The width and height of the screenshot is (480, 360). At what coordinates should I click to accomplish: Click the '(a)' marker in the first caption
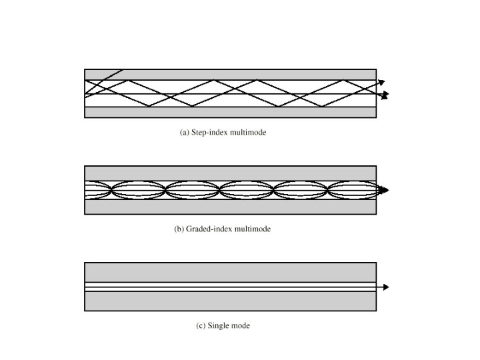pos(185,133)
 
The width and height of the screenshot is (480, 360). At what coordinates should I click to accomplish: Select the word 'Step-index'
pos(209,133)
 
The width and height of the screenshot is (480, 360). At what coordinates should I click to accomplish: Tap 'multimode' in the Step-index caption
pos(248,133)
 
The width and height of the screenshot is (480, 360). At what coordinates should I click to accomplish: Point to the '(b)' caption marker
pos(179,229)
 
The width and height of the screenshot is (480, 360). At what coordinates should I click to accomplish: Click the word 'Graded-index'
pos(209,229)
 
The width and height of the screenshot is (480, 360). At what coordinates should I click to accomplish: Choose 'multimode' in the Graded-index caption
pos(253,229)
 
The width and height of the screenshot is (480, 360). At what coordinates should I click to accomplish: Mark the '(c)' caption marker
pos(201,326)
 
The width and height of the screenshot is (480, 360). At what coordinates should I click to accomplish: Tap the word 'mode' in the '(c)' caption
pos(241,326)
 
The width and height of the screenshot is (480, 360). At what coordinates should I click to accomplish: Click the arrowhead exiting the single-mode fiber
pos(385,287)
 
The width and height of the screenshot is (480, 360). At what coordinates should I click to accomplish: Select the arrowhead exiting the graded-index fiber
pos(384,190)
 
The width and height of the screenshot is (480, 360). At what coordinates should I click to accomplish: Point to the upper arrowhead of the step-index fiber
pos(381,83)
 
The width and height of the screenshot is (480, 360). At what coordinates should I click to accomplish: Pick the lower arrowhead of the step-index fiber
pos(384,96)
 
